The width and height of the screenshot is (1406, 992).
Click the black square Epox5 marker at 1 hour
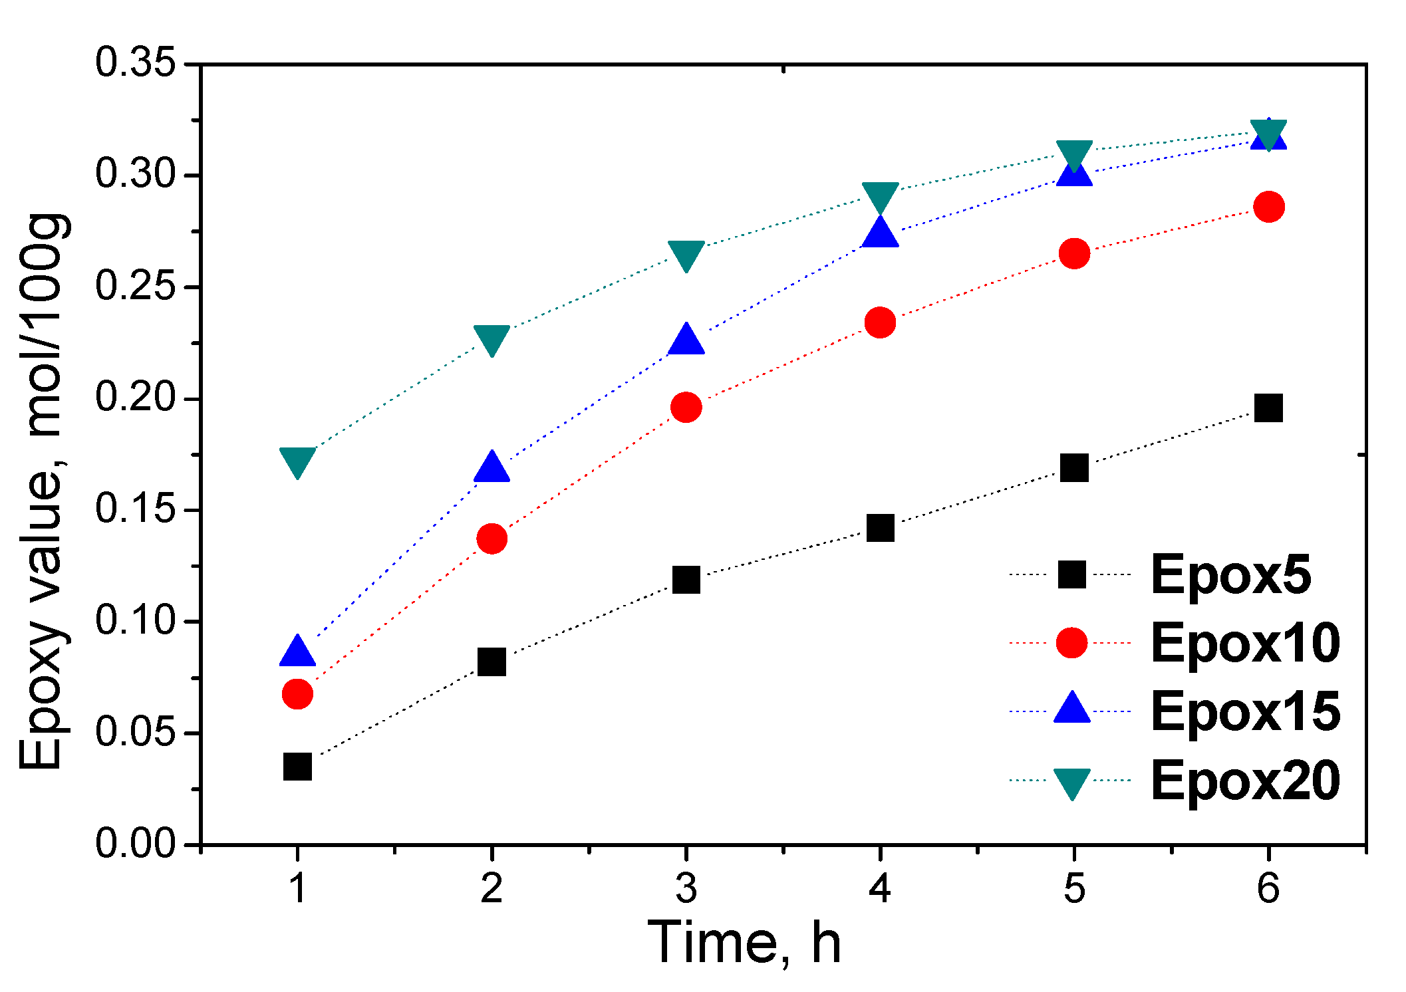click(x=297, y=767)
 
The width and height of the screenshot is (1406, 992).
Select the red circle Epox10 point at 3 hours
click(x=686, y=407)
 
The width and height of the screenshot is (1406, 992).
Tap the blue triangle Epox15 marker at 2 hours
click(x=492, y=467)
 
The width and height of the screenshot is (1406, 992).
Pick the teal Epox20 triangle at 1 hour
click(x=297, y=461)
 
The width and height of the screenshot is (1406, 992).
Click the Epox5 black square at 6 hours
click(x=1268, y=408)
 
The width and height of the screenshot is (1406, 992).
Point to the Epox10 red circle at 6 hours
click(x=1268, y=207)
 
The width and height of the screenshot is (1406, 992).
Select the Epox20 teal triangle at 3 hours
click(x=686, y=255)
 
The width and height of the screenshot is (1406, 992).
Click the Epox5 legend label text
click(x=1231, y=574)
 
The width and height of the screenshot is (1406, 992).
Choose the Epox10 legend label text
click(x=1245, y=643)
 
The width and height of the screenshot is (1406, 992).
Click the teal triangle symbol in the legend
click(x=1072, y=783)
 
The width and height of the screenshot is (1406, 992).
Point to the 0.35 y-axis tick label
click(x=135, y=63)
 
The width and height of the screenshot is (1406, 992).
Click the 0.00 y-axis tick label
click(x=135, y=844)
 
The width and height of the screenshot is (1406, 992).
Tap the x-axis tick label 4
click(x=879, y=888)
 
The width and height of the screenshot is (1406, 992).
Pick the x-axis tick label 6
click(x=1268, y=888)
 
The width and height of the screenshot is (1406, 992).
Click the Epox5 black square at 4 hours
click(x=880, y=528)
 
